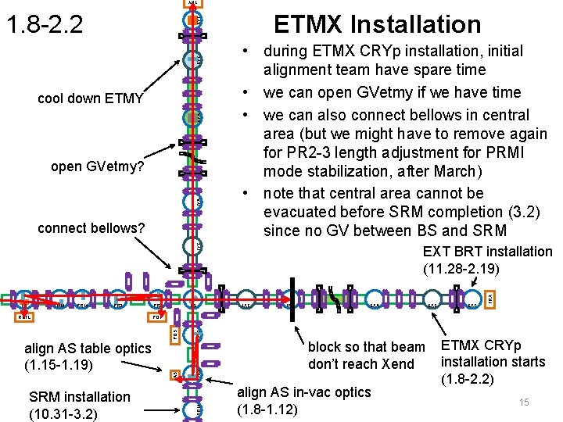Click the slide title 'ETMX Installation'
pos(377,24)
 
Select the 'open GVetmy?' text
pos(97,166)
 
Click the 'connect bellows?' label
pos(91,228)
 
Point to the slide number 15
pos(523,402)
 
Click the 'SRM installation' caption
pos(80,396)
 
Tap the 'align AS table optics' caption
pos(88,348)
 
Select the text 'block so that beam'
pos(367,346)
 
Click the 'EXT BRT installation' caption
pos(487,251)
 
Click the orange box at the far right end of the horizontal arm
pos(490,298)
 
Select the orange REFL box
pos(24,318)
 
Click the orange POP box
pos(157,318)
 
